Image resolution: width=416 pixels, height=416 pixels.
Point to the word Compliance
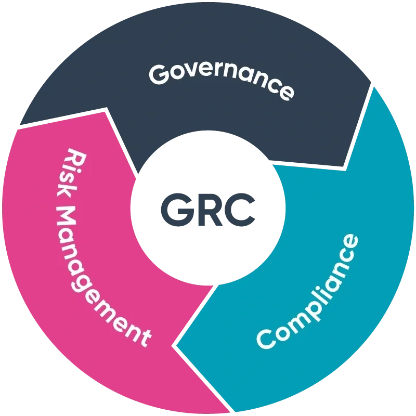point(307,291)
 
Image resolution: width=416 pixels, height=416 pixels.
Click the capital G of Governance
point(159,74)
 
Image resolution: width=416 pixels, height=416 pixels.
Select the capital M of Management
point(67,219)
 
